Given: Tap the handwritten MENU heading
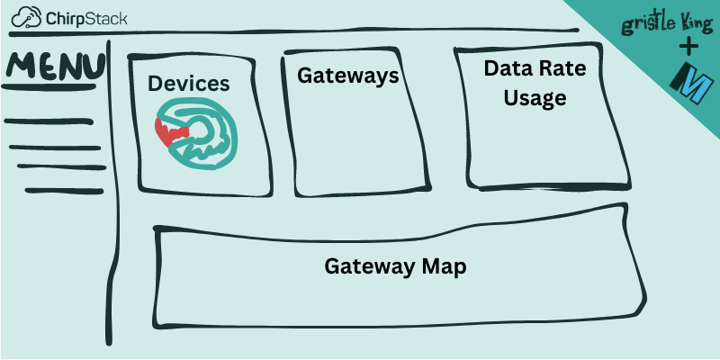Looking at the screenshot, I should point(54,68).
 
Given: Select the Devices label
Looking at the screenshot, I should point(189,84).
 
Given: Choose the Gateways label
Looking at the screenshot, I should point(348,76).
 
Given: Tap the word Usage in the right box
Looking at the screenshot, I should point(535,97).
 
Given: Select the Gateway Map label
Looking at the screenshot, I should point(396,266).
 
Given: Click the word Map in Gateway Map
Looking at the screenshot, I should point(447,266).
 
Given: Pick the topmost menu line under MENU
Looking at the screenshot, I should point(49,121).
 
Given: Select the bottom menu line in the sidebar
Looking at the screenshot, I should point(63,191).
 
